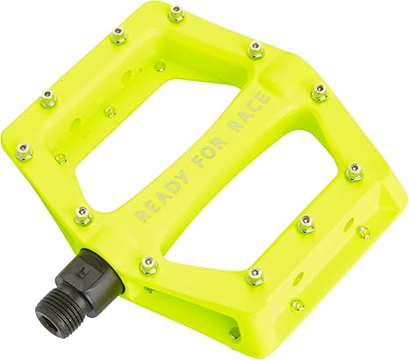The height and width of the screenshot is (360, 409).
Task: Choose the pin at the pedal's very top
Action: click(x=176, y=13)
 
